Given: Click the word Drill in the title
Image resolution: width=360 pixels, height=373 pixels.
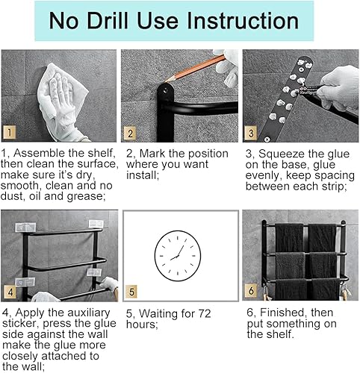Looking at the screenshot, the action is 108,21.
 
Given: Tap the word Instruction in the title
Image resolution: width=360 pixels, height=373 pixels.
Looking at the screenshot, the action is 243,21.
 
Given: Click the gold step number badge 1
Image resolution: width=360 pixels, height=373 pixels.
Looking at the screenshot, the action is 10,132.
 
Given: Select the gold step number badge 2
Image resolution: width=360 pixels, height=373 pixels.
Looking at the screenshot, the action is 130,133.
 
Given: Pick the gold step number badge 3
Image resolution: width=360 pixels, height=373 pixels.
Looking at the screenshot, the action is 251,133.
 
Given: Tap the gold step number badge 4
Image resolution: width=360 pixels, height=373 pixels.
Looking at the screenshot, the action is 10,292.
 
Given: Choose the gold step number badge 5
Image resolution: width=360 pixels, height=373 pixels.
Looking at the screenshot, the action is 131,292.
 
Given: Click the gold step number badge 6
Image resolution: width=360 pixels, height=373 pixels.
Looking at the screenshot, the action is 251,290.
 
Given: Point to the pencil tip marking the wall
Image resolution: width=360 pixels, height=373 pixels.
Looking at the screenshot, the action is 165,82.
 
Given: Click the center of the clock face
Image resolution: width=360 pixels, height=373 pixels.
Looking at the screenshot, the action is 178,256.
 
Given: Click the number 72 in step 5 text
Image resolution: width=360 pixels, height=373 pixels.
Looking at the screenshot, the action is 205,313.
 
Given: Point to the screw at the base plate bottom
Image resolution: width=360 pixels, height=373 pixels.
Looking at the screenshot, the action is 267,140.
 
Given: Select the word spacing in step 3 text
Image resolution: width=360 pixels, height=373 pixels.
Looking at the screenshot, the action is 335,176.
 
